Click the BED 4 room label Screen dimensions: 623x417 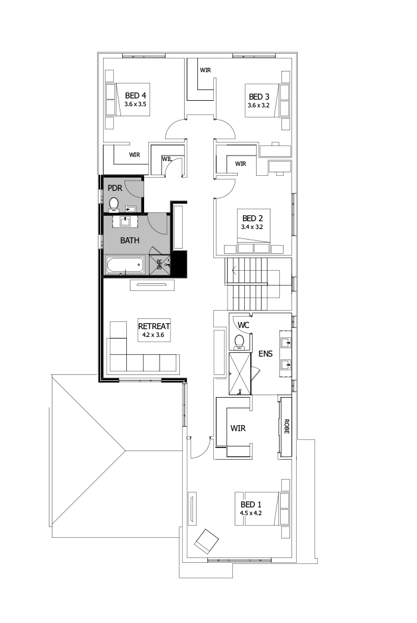tap(135, 95)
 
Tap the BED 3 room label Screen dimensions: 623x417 tap(259, 97)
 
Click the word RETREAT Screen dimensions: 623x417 tap(154, 326)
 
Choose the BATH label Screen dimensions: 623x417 tap(130, 241)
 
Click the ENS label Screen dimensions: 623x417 tap(265, 354)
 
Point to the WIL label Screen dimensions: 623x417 tap(166, 159)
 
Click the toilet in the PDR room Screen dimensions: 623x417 tap(114, 205)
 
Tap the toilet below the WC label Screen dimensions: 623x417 tap(239, 342)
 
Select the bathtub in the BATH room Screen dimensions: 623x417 tap(125, 265)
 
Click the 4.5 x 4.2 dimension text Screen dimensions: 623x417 tap(251, 513)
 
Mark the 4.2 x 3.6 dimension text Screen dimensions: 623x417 tap(154, 336)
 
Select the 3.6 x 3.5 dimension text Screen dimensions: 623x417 tap(135, 104)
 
